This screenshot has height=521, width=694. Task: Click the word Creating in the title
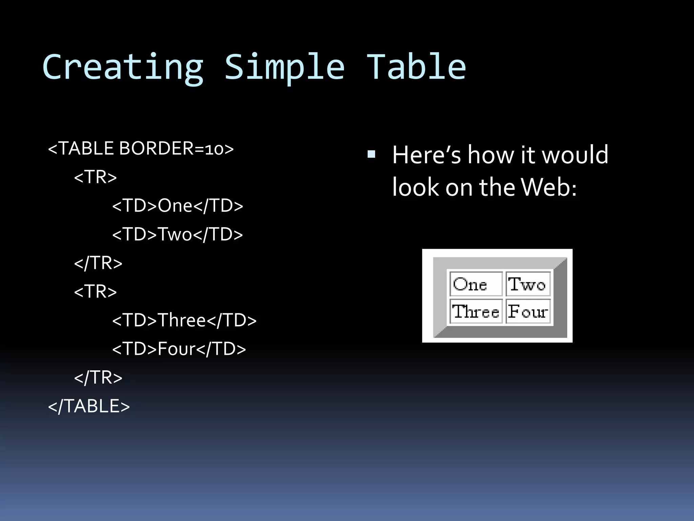pyautogui.click(x=123, y=67)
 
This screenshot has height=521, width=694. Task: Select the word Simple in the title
pyautogui.click(x=285, y=67)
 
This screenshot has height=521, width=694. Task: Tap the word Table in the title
pyautogui.click(x=416, y=67)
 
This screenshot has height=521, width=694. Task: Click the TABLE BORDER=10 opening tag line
pyautogui.click(x=141, y=149)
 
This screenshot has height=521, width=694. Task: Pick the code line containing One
pyautogui.click(x=178, y=206)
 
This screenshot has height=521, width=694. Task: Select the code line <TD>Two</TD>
pyautogui.click(x=178, y=234)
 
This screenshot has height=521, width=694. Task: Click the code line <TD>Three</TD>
pyautogui.click(x=184, y=321)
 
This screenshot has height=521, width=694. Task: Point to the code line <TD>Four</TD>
pyautogui.click(x=179, y=349)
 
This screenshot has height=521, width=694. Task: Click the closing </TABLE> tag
pyautogui.click(x=89, y=406)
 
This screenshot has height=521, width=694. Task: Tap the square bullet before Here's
pyautogui.click(x=371, y=154)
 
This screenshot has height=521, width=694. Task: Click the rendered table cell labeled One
pyautogui.click(x=476, y=284)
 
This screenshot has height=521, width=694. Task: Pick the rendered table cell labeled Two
pyautogui.click(x=528, y=284)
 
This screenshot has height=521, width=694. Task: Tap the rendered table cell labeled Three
pyautogui.click(x=476, y=311)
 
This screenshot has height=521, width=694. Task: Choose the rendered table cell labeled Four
pyautogui.click(x=528, y=311)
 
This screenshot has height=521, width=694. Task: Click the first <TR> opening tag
pyautogui.click(x=96, y=177)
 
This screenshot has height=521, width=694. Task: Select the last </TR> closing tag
pyautogui.click(x=98, y=378)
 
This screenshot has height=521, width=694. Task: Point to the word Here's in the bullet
pyautogui.click(x=426, y=155)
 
